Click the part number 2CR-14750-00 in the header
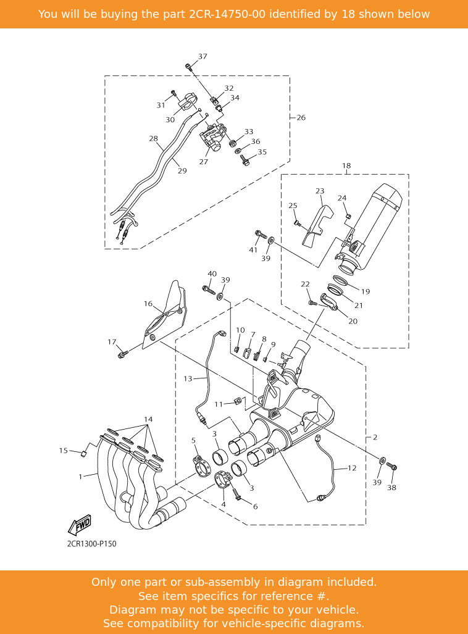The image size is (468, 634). [227, 14]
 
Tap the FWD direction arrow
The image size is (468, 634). [79, 525]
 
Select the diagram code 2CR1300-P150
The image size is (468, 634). [91, 544]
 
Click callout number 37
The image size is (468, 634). [203, 57]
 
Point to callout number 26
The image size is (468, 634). [301, 118]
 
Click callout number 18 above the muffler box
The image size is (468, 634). [346, 166]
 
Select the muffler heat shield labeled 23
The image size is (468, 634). [318, 227]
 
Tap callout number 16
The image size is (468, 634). [148, 304]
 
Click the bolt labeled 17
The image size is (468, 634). [123, 354]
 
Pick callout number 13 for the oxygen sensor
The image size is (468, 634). [188, 379]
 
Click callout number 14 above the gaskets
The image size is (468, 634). [148, 419]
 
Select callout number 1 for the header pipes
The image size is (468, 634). [80, 477]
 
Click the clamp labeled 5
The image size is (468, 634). [202, 465]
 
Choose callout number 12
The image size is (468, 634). [352, 468]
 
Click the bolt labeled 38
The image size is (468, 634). [391, 466]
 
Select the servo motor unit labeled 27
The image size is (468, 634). [213, 138]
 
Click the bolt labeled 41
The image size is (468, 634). [261, 234]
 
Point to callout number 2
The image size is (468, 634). [375, 438]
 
